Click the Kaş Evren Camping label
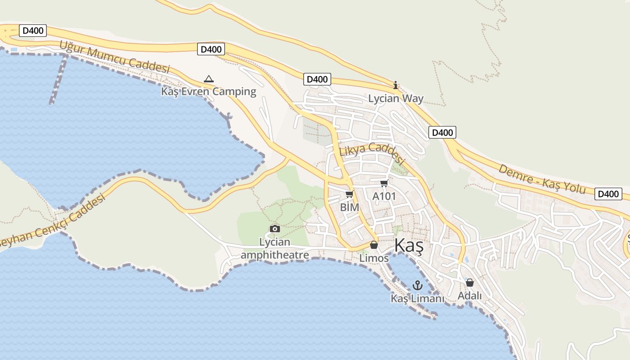(x=208, y=92)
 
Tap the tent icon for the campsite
(x=208, y=79)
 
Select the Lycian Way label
(x=396, y=99)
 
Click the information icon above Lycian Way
(x=396, y=85)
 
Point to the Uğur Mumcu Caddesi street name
(x=115, y=57)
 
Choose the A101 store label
(x=384, y=196)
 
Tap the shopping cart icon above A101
(x=384, y=183)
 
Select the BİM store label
(x=350, y=207)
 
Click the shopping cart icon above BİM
(x=349, y=194)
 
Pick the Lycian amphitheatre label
(x=275, y=249)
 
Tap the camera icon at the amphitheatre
(x=274, y=229)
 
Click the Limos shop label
(x=374, y=258)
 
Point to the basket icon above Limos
(x=373, y=245)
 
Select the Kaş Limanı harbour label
(x=417, y=298)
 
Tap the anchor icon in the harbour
(x=418, y=285)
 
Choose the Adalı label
(x=470, y=296)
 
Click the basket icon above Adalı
(x=470, y=283)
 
